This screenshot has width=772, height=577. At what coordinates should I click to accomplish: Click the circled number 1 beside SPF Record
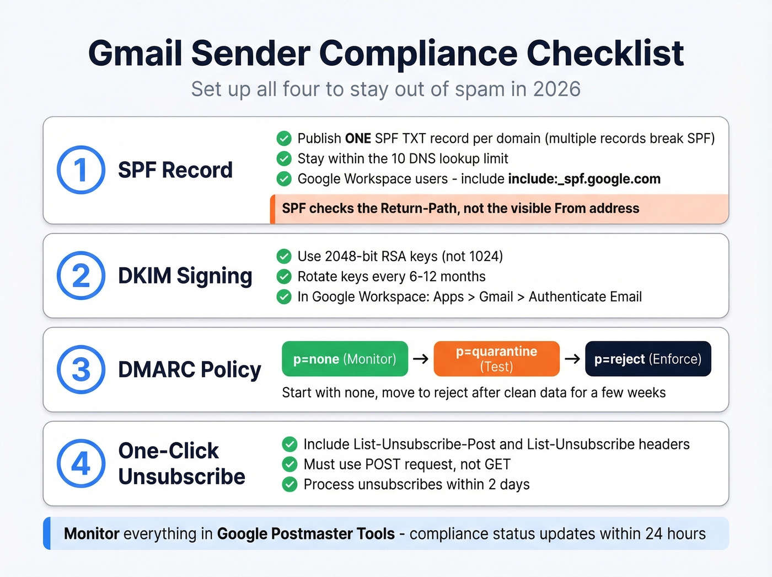click(x=81, y=170)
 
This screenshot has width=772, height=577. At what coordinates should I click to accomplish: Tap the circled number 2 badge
click(x=81, y=276)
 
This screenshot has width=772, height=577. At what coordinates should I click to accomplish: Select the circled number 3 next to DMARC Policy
click(x=81, y=369)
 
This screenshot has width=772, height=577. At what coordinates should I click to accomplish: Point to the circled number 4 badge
click(x=81, y=463)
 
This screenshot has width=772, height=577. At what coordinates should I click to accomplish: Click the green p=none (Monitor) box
click(x=345, y=359)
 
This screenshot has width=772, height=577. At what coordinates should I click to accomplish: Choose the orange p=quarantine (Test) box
click(x=496, y=359)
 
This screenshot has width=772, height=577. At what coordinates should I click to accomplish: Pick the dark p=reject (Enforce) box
click(x=648, y=359)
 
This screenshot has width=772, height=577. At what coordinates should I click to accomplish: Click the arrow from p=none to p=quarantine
click(x=421, y=359)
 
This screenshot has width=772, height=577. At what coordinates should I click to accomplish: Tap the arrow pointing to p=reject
click(x=572, y=359)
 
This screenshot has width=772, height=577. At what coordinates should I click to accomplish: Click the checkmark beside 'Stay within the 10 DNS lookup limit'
click(x=284, y=159)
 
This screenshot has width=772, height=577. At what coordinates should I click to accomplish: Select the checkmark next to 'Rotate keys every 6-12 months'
click(x=284, y=277)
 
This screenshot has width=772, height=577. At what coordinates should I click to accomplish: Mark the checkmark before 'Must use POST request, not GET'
click(x=289, y=464)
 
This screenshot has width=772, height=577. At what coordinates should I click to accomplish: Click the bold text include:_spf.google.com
click(x=584, y=179)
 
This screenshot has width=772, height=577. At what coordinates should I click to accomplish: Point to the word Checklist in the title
click(x=605, y=54)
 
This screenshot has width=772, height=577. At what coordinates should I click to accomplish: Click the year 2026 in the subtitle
click(x=557, y=89)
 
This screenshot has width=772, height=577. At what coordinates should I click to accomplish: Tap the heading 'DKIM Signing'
click(x=185, y=276)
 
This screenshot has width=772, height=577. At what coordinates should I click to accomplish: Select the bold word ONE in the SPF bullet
click(x=358, y=138)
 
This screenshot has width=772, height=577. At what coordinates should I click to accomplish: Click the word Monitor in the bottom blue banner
click(x=92, y=534)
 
